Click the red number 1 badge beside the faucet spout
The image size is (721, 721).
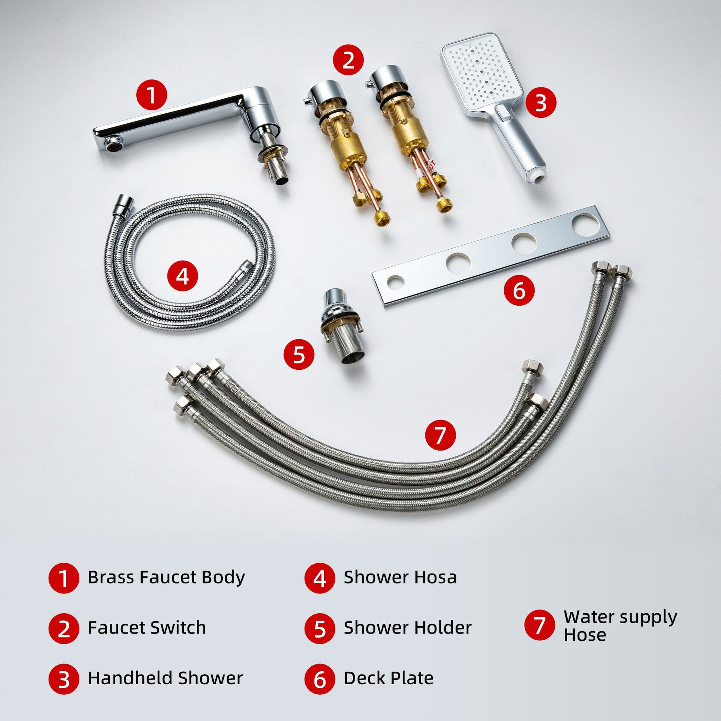tap(151, 95)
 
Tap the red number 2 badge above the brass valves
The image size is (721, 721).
tap(348, 60)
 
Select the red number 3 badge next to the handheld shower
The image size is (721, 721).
tap(541, 103)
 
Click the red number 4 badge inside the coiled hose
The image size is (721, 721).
tap(183, 276)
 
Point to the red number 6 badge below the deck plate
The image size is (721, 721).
tap(519, 290)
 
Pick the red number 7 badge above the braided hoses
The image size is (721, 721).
tap(441, 435)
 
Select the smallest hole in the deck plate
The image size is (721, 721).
tap(395, 282)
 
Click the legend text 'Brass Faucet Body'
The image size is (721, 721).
tap(166, 577)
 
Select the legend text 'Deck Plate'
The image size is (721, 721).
tap(389, 678)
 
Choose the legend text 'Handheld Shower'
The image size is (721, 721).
tap(165, 678)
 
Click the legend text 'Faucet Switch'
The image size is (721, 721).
tap(147, 628)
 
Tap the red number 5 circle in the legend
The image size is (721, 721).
tap(320, 629)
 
